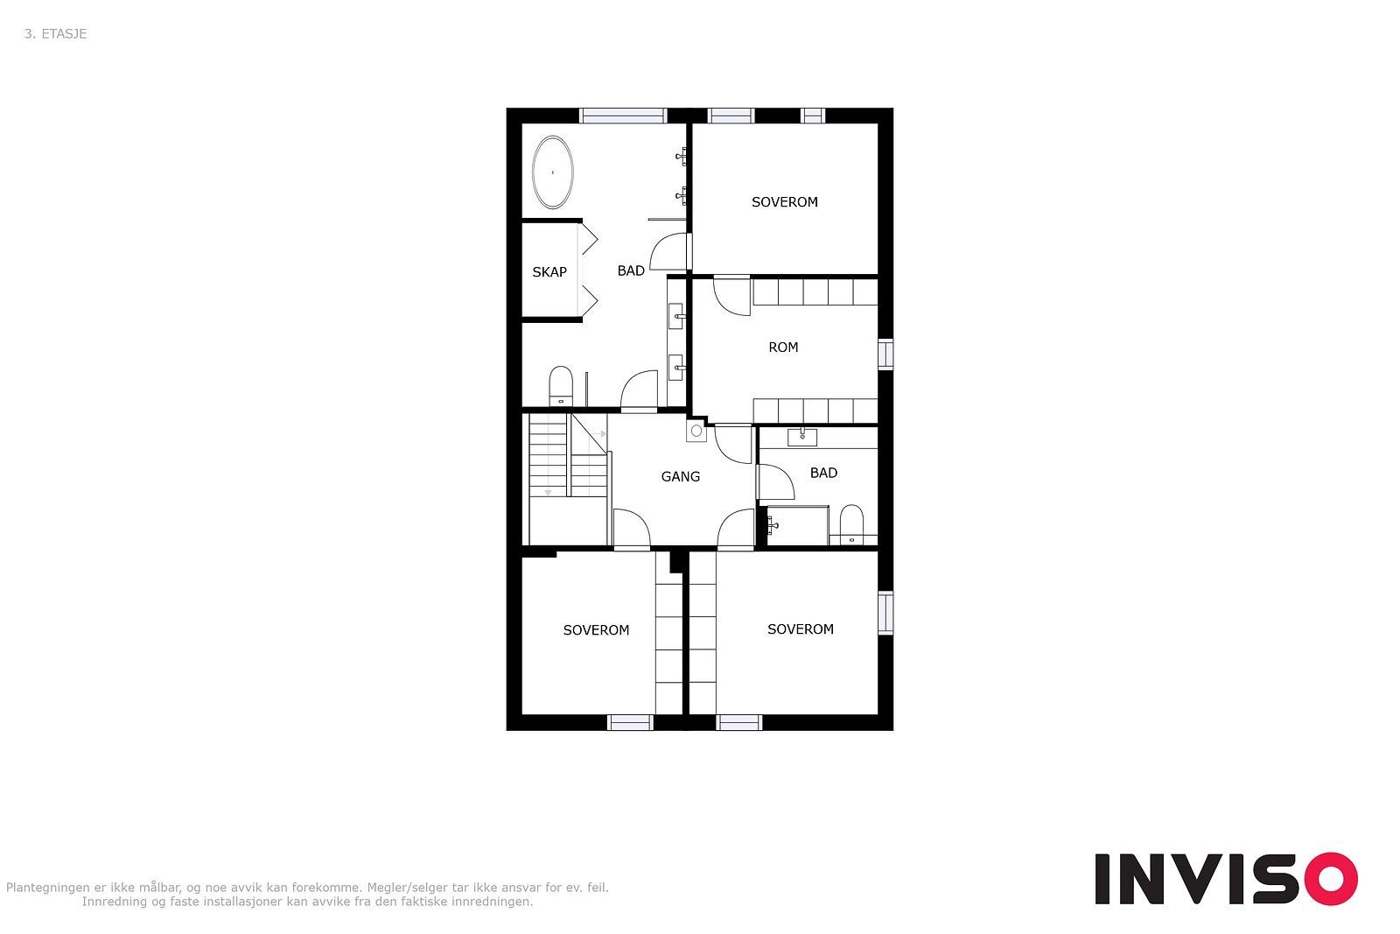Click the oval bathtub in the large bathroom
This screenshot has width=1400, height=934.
coord(552,172)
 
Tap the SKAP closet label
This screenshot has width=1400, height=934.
coord(549,272)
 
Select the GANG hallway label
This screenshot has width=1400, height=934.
coord(680,476)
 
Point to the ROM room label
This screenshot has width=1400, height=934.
coord(783,347)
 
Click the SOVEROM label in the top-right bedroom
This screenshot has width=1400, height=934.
coord(784,202)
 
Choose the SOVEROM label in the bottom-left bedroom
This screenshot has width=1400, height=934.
coord(596,630)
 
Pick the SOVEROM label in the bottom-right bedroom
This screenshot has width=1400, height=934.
coord(800,629)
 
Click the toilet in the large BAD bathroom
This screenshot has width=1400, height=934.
coord(561,386)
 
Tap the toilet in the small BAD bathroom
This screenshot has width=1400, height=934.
coord(851,524)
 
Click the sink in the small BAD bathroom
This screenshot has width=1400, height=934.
coord(801,437)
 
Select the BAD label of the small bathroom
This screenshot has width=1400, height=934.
coord(823,473)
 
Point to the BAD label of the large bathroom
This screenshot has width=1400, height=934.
coord(631,270)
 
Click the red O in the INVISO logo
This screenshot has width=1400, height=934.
coord(1331,878)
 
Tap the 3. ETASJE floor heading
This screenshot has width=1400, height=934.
coord(56,34)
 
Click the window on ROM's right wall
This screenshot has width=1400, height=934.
coord(885,354)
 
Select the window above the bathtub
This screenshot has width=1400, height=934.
coord(623,116)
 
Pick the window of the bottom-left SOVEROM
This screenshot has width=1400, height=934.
coord(630,723)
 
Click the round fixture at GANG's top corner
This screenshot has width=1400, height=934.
coord(696,431)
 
